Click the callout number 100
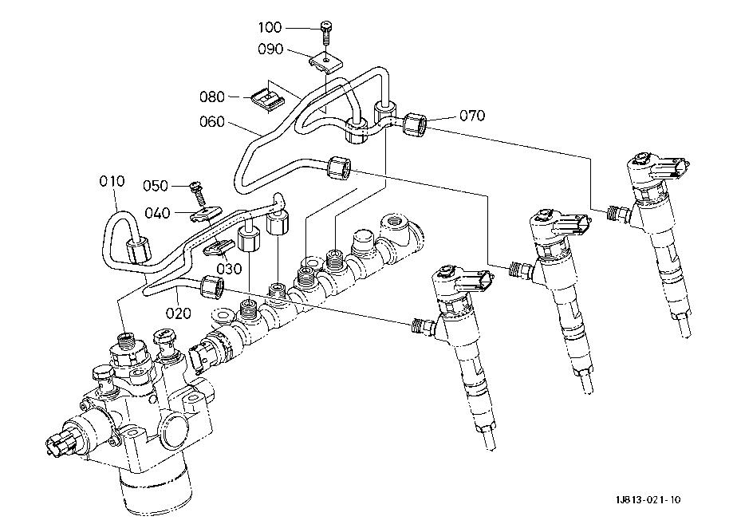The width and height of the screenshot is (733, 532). [291, 29]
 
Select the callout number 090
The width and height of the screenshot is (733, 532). [271, 49]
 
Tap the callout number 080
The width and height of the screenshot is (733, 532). [212, 97]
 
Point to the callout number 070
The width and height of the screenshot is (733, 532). [471, 116]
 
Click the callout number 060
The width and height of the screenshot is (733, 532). [212, 122]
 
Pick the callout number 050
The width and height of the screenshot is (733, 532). [156, 186]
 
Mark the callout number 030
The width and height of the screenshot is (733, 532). [229, 270]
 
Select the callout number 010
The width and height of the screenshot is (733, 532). [112, 181]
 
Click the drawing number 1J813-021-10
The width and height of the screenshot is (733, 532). [648, 500]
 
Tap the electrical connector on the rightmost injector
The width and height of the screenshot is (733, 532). [676, 168]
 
